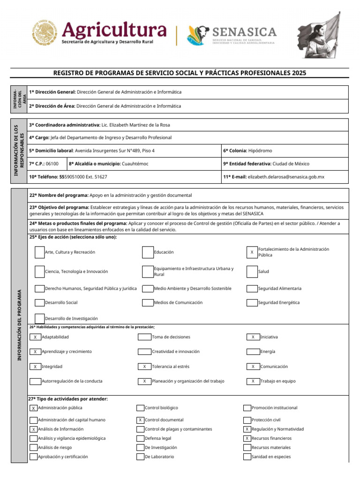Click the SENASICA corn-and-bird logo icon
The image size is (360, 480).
(x=198, y=35)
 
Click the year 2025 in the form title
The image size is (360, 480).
(x=299, y=73)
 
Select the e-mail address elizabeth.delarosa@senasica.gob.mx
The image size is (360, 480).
(x=286, y=177)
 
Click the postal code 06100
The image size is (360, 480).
(x=52, y=164)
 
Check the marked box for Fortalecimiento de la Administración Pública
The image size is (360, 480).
(x=252, y=252)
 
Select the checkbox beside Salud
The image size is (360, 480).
(x=252, y=272)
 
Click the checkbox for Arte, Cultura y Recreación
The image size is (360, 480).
(x=40, y=252)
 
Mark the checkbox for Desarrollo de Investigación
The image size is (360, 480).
(x=40, y=318)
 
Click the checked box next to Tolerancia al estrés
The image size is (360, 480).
(x=144, y=367)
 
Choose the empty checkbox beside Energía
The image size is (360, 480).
(x=253, y=352)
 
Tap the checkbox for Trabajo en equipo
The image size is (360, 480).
(x=253, y=381)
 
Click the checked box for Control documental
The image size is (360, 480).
(x=141, y=420)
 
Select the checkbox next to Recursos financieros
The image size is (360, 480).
(x=247, y=438)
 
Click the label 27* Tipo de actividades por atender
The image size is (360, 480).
(x=68, y=399)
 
